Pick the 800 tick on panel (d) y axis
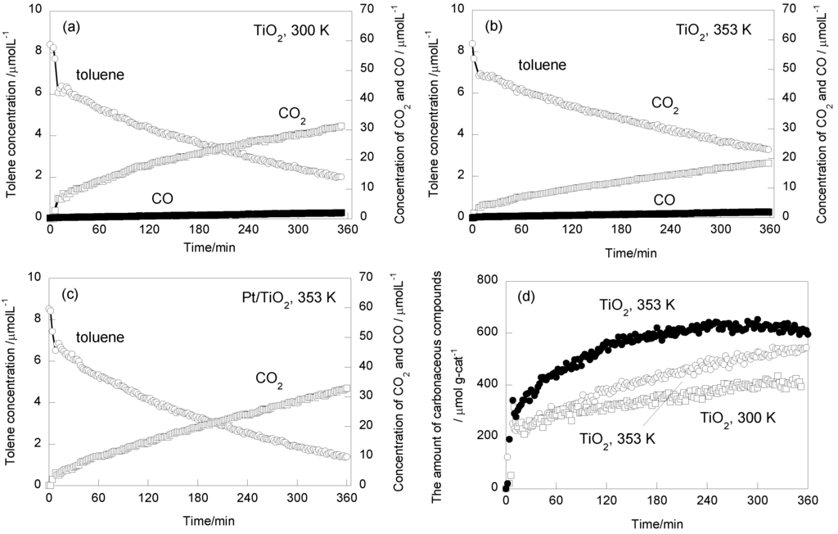click(x=483, y=281)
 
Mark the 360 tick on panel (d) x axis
click(x=809, y=501)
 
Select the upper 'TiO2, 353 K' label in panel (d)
click(x=635, y=305)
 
